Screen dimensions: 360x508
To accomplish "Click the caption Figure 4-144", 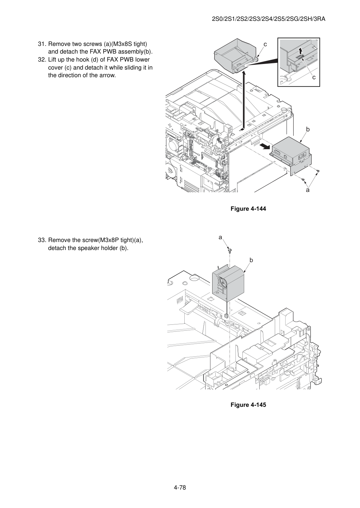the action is point(248,209).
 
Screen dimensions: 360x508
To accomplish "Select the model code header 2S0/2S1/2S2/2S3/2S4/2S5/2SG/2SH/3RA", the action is point(269,19).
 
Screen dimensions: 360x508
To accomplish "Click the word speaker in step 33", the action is point(88,248).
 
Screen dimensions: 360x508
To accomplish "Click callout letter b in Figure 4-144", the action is point(307,129).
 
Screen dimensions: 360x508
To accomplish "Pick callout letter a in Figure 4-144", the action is point(307,190).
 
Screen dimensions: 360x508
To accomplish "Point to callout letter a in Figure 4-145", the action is point(220,237).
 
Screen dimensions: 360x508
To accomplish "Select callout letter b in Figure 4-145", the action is point(251,260).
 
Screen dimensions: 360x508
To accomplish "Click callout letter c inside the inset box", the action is point(314,77).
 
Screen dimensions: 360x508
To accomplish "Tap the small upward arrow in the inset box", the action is point(300,51).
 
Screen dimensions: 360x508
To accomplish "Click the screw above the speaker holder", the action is point(230,250).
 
